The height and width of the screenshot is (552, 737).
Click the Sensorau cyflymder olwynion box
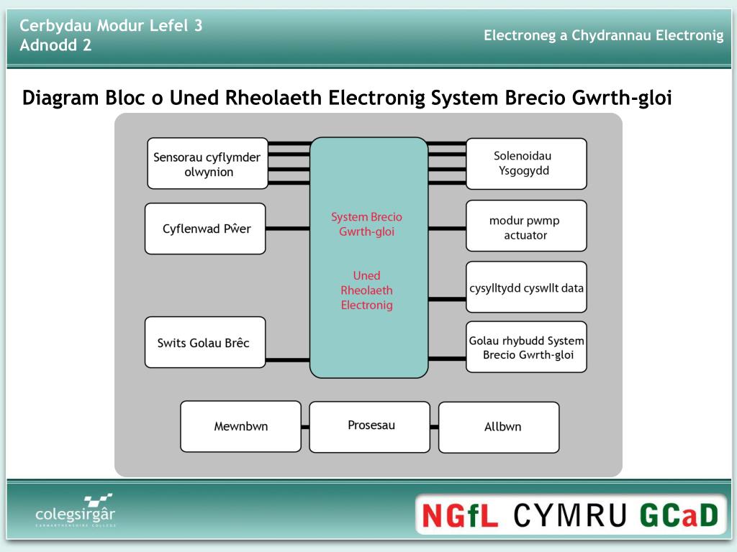click(208, 163)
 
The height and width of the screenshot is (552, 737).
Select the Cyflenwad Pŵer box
click(205, 229)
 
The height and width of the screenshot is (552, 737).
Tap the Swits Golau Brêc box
click(205, 342)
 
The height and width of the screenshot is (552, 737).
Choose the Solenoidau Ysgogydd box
click(526, 164)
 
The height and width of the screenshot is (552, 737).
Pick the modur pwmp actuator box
click(526, 226)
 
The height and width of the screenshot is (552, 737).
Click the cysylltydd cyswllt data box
click(526, 287)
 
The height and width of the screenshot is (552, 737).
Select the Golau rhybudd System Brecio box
click(526, 347)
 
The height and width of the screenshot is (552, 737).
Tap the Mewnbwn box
click(240, 426)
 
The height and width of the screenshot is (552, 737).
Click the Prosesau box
click(370, 427)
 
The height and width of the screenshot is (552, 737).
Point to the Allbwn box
click(499, 428)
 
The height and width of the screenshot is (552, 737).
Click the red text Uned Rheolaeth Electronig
click(366, 290)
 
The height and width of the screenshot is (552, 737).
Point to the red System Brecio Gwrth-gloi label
click(366, 224)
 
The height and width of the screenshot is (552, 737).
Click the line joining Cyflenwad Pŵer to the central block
click(288, 229)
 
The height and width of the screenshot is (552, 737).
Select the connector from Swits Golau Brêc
click(288, 360)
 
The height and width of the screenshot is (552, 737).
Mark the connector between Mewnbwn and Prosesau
click(305, 427)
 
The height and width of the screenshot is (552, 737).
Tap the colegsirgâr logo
click(75, 510)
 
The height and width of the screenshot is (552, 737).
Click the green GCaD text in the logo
click(679, 515)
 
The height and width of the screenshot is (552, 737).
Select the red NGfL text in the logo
click(460, 515)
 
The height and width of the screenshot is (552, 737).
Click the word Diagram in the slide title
click(61, 98)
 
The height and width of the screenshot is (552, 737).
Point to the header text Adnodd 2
click(55, 45)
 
